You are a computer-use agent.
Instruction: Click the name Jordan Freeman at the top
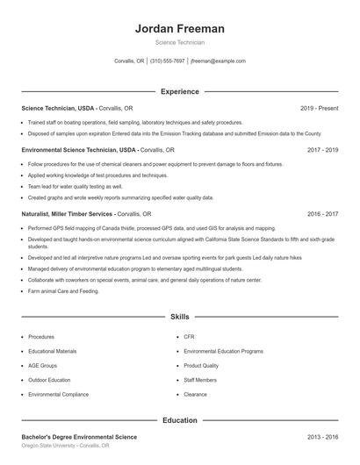click(179, 28)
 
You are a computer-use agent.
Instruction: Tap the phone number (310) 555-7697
click(167, 61)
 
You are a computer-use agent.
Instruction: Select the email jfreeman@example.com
click(218, 61)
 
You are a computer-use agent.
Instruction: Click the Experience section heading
click(179, 91)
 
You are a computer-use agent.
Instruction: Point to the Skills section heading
click(179, 316)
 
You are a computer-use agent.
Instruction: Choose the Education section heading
click(179, 420)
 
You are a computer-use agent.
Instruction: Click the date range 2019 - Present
click(319, 108)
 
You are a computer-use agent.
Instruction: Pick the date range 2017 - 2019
click(322, 150)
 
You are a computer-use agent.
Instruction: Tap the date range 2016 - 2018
click(322, 213)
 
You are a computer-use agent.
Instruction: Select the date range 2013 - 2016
click(322, 436)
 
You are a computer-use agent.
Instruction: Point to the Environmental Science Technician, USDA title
click(79, 150)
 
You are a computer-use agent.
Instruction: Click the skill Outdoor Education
click(49, 380)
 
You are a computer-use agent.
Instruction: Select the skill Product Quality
click(201, 365)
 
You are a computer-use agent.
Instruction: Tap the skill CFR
click(189, 336)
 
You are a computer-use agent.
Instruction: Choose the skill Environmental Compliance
click(58, 394)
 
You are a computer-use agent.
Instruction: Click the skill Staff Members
click(200, 380)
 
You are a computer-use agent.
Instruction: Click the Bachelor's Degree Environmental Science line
click(79, 436)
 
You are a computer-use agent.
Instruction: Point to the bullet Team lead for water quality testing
click(76, 186)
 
